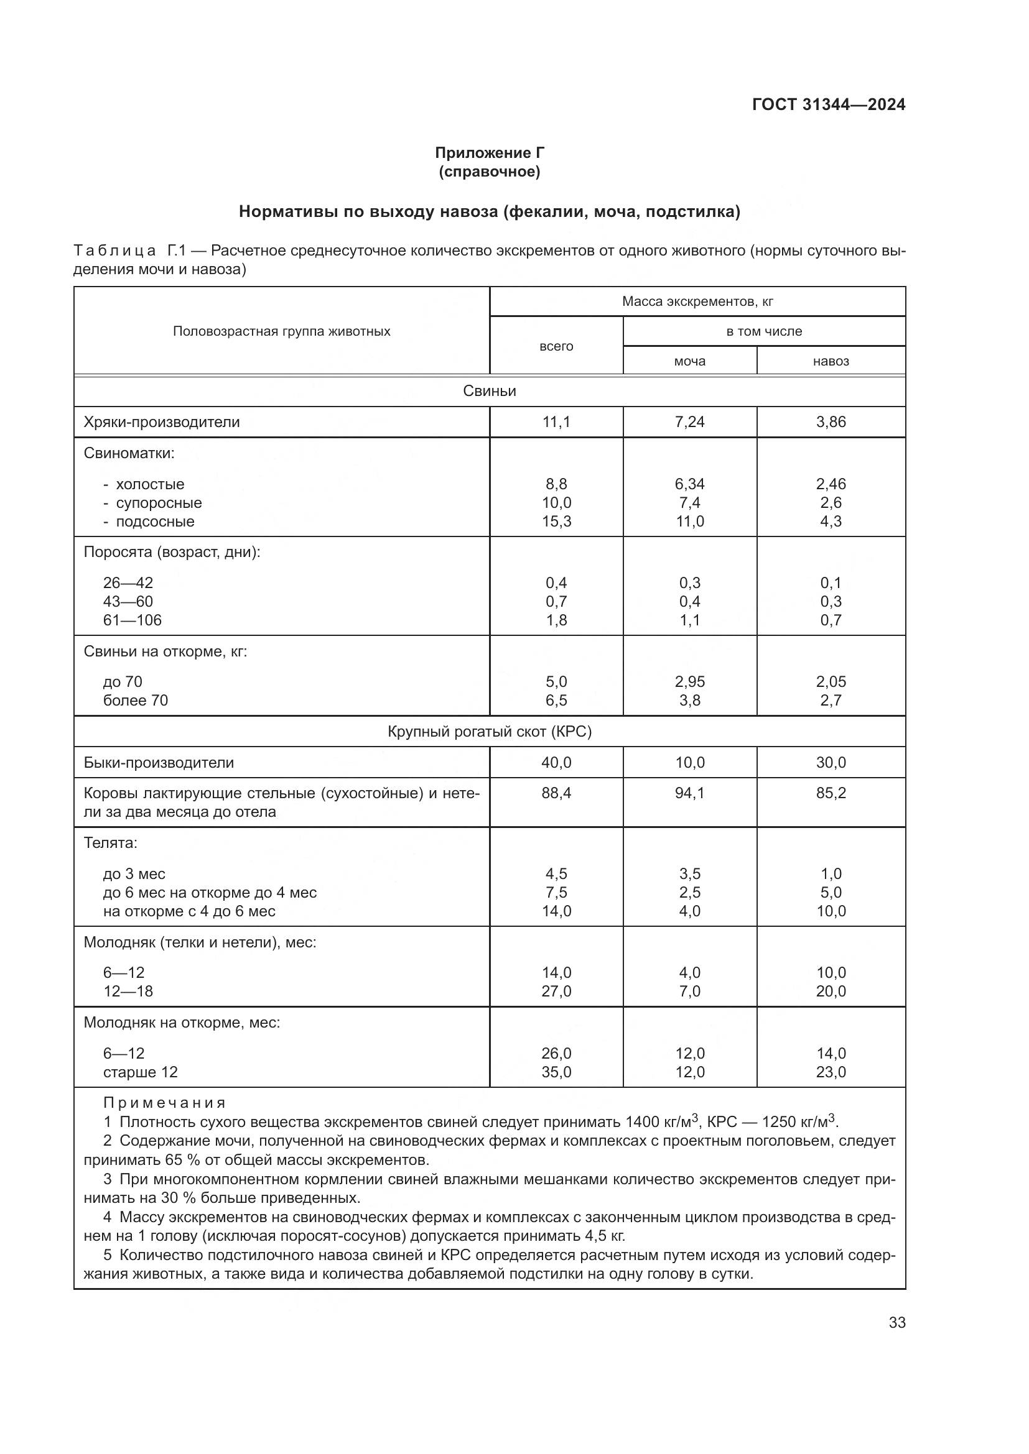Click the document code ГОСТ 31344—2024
point(828,104)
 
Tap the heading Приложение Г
point(489,153)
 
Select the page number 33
point(896,1322)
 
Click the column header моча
point(689,361)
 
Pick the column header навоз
point(831,361)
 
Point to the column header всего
point(556,346)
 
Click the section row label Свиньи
point(489,391)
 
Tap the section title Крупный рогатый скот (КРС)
point(489,732)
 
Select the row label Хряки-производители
point(162,421)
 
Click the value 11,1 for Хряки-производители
point(556,421)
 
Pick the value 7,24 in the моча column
point(689,421)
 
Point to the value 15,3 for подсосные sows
point(556,521)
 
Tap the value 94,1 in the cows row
point(689,793)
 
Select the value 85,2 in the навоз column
point(831,793)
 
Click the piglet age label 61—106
point(133,620)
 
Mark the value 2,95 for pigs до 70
point(689,681)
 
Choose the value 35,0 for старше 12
point(556,1072)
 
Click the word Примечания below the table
point(164,1103)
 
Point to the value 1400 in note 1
point(642,1122)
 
